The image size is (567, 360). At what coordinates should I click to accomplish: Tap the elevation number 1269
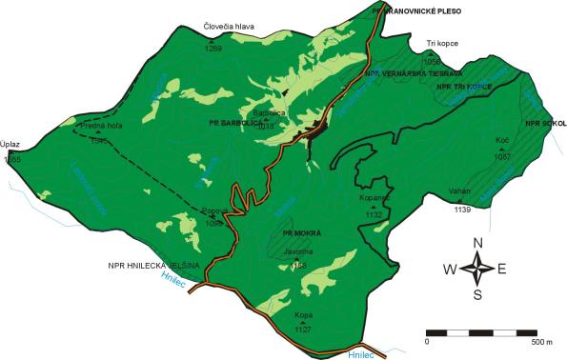[x=213, y=49]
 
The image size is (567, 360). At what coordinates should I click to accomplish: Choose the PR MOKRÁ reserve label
[x=302, y=233]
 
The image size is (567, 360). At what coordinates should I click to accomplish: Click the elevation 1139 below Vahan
[x=463, y=209]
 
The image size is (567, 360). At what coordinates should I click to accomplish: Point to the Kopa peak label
[x=304, y=314]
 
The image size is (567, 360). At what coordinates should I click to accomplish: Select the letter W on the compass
[x=449, y=270]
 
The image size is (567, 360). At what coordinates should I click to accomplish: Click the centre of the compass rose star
[x=477, y=270]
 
